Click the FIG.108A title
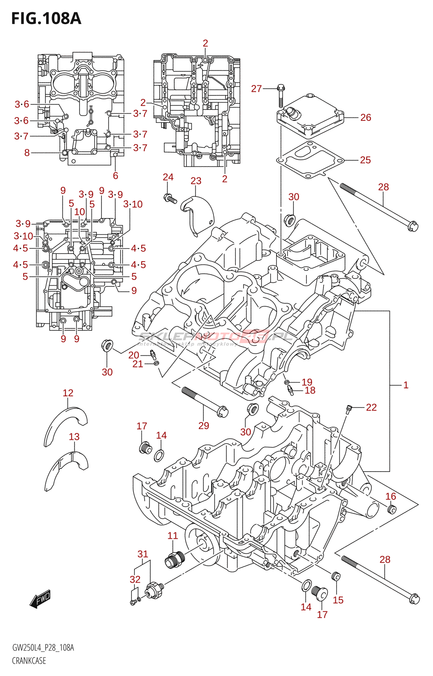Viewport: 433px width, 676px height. click(x=46, y=19)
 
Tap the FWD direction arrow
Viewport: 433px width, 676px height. click(x=41, y=599)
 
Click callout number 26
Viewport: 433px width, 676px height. click(x=366, y=117)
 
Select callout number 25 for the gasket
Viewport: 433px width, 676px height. click(x=365, y=160)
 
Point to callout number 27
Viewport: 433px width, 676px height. click(x=256, y=89)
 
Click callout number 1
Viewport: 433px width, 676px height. click(x=406, y=385)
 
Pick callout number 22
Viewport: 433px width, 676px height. click(x=371, y=407)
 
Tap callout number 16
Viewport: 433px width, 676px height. click(x=391, y=496)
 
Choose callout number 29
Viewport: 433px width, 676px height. click(x=204, y=425)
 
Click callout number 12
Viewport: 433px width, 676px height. click(x=68, y=393)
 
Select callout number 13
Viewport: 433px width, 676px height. click(x=74, y=436)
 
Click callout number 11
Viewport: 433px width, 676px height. click(x=173, y=536)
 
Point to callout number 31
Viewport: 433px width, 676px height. click(x=143, y=554)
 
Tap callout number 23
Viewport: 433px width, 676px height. click(x=196, y=181)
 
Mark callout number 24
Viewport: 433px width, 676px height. click(x=168, y=177)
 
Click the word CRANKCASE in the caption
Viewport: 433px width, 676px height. click(x=29, y=660)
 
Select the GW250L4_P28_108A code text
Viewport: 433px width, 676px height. click(x=43, y=648)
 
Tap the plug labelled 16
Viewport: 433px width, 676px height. click(x=392, y=509)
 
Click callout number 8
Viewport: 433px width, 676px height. click(x=27, y=153)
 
